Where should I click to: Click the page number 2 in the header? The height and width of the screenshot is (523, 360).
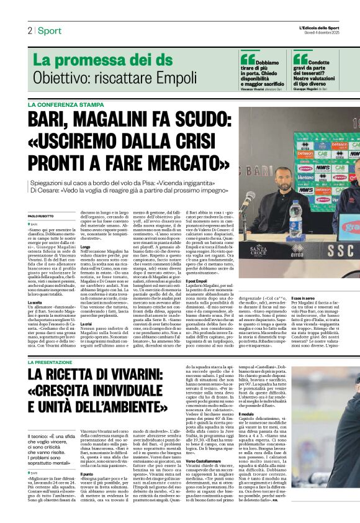pyautogui.click(x=30, y=30)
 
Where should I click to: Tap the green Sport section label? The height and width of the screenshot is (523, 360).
pyautogui.click(x=49, y=30)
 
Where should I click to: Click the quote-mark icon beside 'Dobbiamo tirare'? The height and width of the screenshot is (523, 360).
pyautogui.click(x=246, y=60)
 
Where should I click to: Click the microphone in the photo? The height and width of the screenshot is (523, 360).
pyautogui.click(x=249, y=199)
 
